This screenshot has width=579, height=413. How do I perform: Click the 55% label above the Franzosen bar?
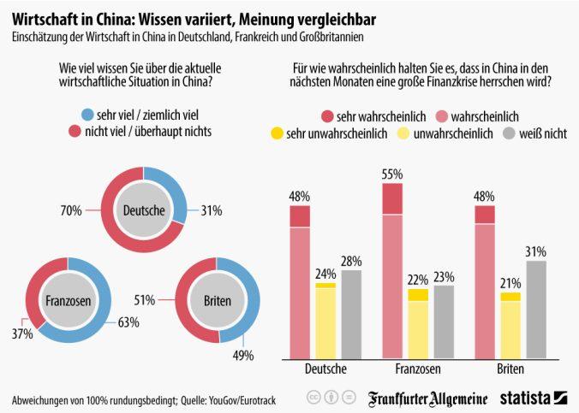coord(392,174)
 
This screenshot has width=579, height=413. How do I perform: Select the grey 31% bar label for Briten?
coord(536,251)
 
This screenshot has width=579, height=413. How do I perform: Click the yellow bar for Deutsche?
coord(325,322)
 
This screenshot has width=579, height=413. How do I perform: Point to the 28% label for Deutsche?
coord(350,261)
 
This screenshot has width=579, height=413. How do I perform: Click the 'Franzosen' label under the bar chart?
coord(406,369)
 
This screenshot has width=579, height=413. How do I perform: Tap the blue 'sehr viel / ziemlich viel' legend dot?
coord(87,115)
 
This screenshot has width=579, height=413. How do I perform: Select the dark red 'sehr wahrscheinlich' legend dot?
coord(325,114)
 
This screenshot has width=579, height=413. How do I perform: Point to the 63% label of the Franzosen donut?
coord(128,322)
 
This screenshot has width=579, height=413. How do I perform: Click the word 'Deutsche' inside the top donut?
coord(144,209)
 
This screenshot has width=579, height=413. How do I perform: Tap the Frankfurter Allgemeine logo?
coord(428,398)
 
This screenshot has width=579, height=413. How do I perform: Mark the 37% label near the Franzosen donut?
coord(22,333)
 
